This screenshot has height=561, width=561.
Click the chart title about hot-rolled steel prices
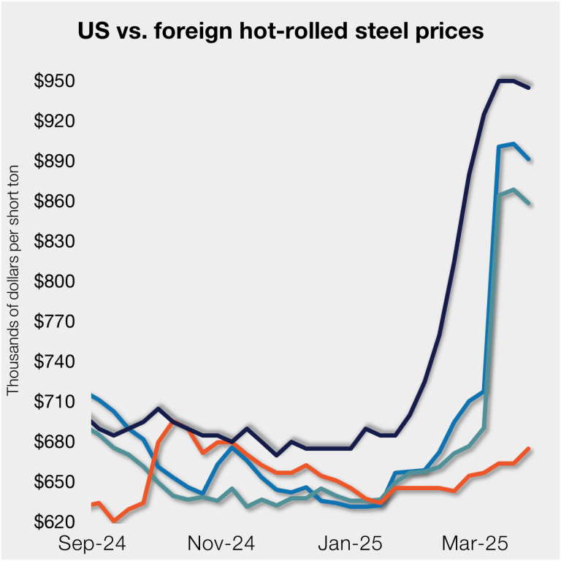click(280, 32)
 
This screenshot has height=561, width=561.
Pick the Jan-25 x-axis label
click(349, 544)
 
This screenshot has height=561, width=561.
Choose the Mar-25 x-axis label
click(476, 544)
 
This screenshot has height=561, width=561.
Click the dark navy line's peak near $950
click(506, 80)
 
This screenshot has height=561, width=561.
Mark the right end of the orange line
click(529, 449)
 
